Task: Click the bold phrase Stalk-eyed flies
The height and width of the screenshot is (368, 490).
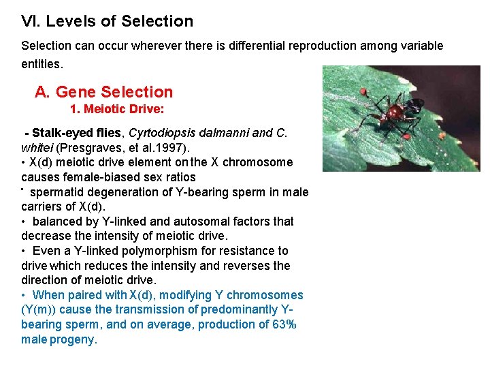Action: tap(77, 133)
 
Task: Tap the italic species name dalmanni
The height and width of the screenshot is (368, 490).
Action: tap(229, 133)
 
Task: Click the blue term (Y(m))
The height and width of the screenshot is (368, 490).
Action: tap(40, 309)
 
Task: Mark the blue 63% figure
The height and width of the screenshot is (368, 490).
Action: tap(284, 324)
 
